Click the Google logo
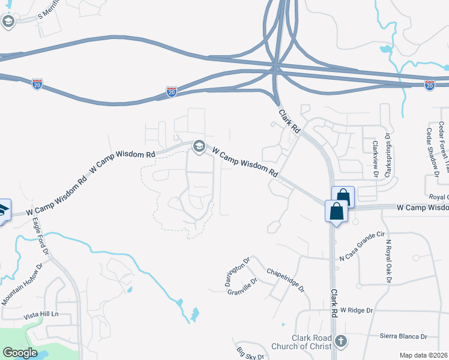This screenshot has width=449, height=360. [20, 353]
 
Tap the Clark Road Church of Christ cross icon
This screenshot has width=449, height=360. [340, 341]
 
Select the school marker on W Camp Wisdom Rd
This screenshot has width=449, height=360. [199, 146]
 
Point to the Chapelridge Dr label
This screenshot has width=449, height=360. [285, 280]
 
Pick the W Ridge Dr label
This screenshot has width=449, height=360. [357, 310]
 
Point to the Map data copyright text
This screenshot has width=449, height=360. [423, 355]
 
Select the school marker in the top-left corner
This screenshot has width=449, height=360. [8, 22]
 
